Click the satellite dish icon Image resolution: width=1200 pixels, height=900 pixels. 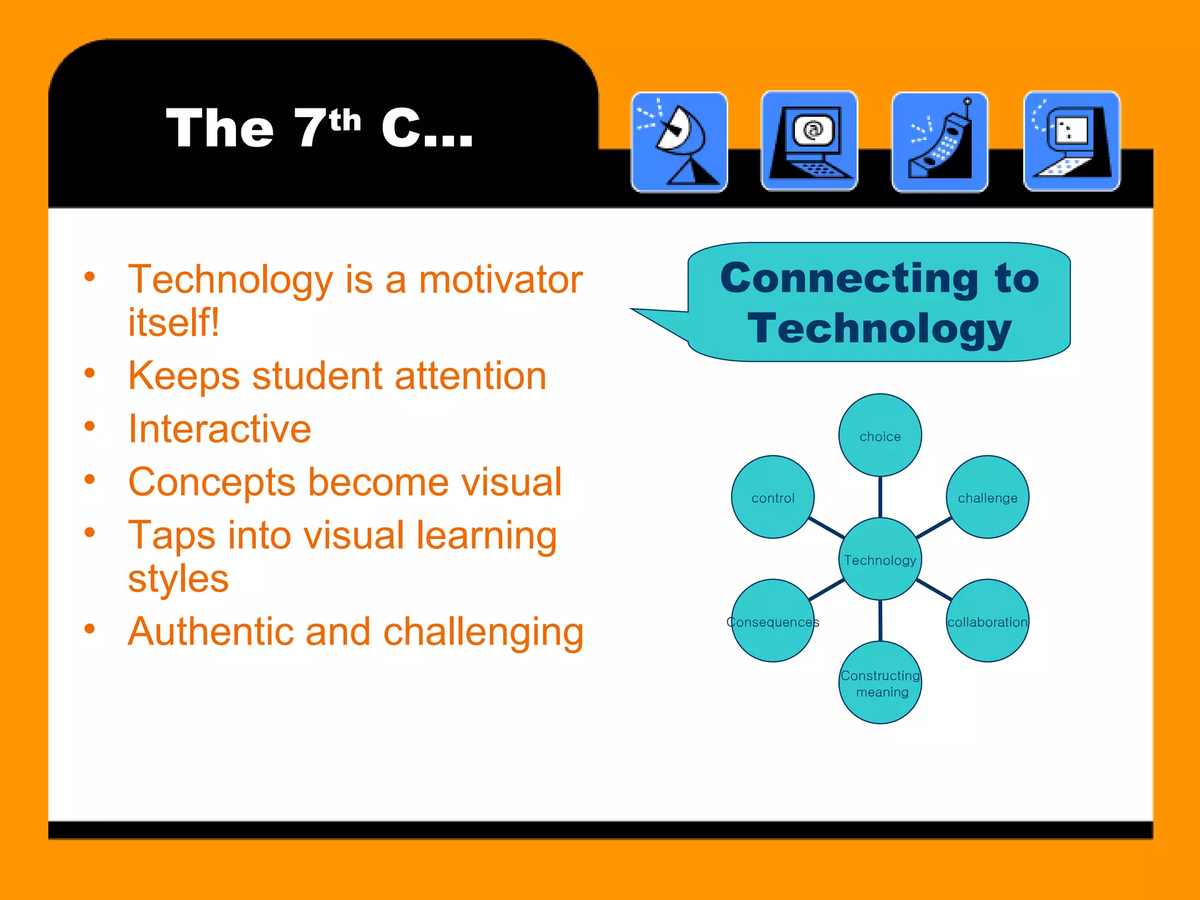[679, 142]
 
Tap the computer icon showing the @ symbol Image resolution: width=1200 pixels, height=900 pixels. [809, 141]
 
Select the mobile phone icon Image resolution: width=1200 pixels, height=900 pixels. [940, 142]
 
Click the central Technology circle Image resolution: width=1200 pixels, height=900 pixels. [880, 560]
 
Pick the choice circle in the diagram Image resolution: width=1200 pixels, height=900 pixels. [880, 435]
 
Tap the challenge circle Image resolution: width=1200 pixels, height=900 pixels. [987, 497]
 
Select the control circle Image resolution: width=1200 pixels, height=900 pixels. [773, 497]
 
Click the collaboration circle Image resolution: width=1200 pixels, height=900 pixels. [987, 621]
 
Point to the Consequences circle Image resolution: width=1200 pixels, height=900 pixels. [773, 621]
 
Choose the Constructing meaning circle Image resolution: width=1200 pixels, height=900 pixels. [880, 683]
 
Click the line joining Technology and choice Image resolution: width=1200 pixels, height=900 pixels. [880, 497]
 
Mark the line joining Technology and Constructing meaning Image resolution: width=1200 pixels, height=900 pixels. [880, 621]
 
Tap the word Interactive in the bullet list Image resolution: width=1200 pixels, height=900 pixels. [220, 429]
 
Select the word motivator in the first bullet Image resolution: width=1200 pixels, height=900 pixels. [500, 279]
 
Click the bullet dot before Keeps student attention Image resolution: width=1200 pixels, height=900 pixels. [90, 373]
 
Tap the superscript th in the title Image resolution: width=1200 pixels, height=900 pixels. [345, 121]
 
